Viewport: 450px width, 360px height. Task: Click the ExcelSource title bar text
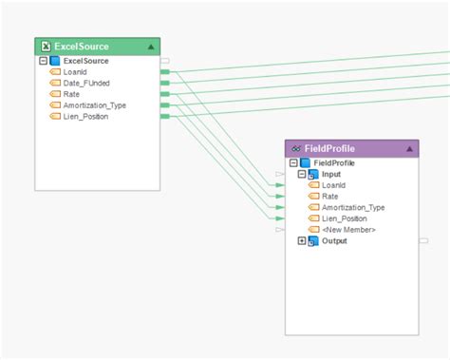84,47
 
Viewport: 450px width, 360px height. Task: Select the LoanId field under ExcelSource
75,72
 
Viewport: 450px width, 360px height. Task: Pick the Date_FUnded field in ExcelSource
86,84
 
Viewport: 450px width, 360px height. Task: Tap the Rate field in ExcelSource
72,94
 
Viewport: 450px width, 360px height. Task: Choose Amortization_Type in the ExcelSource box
94,105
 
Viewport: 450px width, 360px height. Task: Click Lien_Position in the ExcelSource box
85,117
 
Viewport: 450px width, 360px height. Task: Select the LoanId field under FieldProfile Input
334,185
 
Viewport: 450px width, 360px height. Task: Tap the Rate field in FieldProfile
330,197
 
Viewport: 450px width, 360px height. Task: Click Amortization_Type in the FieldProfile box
353,207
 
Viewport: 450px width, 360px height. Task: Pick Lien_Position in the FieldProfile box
345,218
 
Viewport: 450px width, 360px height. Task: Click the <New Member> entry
348,230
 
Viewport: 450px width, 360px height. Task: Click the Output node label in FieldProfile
335,241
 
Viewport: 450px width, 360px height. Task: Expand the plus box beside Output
302,241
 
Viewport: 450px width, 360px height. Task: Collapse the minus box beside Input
302,175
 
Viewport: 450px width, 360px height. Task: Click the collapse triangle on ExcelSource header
152,47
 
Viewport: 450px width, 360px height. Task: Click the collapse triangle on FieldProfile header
409,149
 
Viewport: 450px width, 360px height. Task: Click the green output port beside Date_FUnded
165,84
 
